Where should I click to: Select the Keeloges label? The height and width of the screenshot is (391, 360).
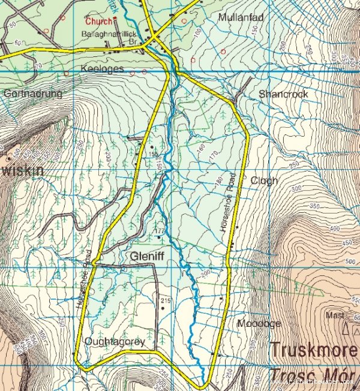[102, 70]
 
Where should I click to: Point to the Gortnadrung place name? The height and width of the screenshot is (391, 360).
[32, 94]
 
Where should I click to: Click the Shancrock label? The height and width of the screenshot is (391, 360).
[283, 94]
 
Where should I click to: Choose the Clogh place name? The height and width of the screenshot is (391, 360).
[265, 181]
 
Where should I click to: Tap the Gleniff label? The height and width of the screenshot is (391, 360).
[147, 257]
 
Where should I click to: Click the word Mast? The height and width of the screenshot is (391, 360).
[334, 314]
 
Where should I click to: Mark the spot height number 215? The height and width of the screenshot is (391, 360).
[166, 300]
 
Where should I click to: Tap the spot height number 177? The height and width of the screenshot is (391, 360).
[159, 231]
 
